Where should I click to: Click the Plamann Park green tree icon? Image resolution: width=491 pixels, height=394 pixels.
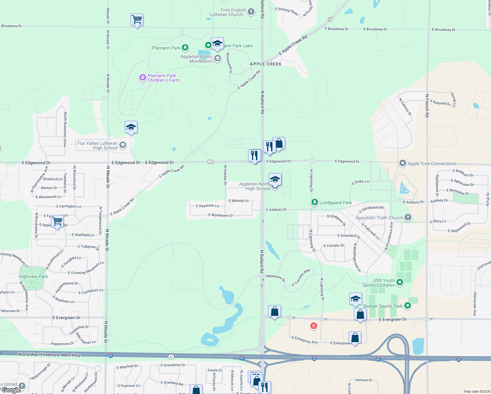click(185, 48)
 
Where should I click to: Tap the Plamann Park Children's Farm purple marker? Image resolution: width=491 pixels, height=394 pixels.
click(142, 77)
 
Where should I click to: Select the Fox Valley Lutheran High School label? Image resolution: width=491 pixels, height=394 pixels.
click(97, 145)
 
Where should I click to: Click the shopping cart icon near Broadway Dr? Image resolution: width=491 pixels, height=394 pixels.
click(137, 20)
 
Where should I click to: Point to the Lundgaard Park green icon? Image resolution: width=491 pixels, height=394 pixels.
click(314, 202)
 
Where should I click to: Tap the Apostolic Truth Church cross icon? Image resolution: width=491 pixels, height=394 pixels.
click(408, 217)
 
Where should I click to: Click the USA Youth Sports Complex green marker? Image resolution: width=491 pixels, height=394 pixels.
click(399, 282)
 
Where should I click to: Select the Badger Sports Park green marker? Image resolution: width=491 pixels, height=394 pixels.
click(407, 306)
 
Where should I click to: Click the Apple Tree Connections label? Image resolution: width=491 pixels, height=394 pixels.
click(432, 164)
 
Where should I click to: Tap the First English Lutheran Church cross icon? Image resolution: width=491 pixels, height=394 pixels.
click(251, 12)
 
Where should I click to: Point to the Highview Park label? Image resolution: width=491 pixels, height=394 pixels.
click(33, 276)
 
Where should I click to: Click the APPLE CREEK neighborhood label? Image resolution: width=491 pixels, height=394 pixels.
click(266, 64)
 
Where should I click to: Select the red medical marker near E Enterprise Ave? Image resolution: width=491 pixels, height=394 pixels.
click(314, 326)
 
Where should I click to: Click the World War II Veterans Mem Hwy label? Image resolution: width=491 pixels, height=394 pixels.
click(49, 355)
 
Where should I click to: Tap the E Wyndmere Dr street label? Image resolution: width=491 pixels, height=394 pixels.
click(221, 215)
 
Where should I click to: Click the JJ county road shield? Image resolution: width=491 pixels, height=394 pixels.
click(210, 162)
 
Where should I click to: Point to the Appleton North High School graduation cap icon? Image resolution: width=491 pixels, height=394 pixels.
click(275, 180)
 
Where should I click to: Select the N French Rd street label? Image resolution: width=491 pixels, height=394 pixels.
click(427, 106)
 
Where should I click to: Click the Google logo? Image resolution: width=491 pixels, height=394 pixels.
click(11, 390)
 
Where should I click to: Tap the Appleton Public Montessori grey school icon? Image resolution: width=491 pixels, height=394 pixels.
click(217, 59)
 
